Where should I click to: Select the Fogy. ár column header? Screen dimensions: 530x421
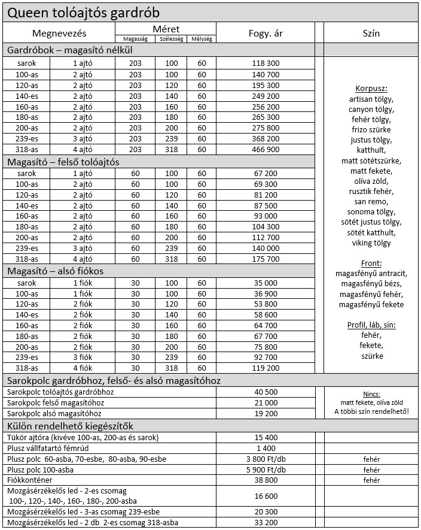(x=266, y=34)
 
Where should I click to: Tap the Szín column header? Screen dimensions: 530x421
(x=371, y=34)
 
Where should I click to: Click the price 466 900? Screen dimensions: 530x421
(x=266, y=150)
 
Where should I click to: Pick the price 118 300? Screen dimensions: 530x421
(x=266, y=63)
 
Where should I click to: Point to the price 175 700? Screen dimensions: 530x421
(x=266, y=259)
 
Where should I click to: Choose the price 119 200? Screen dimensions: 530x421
(x=266, y=368)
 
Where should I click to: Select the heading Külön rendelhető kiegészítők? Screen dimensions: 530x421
(x=69, y=426)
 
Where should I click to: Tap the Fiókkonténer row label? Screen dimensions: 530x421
(x=30, y=480)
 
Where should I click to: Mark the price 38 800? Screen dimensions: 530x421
(x=266, y=480)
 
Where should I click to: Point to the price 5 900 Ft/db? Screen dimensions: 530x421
(x=266, y=470)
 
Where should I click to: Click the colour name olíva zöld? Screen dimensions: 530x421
(x=371, y=181)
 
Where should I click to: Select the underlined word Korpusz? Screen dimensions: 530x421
(x=371, y=89)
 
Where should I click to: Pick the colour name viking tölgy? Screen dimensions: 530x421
(x=371, y=243)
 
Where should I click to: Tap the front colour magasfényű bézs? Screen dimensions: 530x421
(x=371, y=284)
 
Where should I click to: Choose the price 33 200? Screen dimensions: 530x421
(x=266, y=523)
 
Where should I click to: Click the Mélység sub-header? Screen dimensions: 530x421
(x=201, y=39)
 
